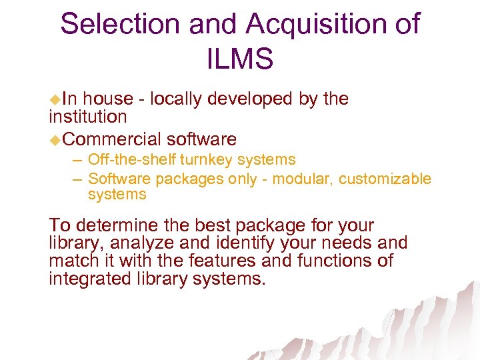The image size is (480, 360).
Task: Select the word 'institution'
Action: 87,117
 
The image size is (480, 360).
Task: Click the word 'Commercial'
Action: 113,139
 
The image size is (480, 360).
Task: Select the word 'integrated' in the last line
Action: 85,278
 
